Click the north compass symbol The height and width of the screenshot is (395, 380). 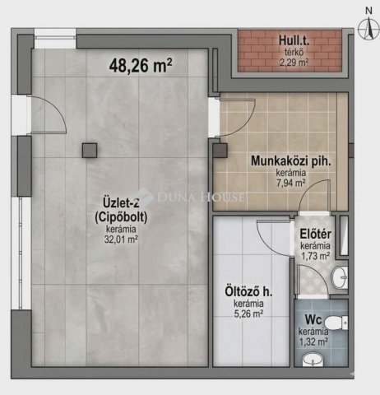click(364, 25)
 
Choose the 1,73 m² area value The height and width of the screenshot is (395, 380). click(315, 256)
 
